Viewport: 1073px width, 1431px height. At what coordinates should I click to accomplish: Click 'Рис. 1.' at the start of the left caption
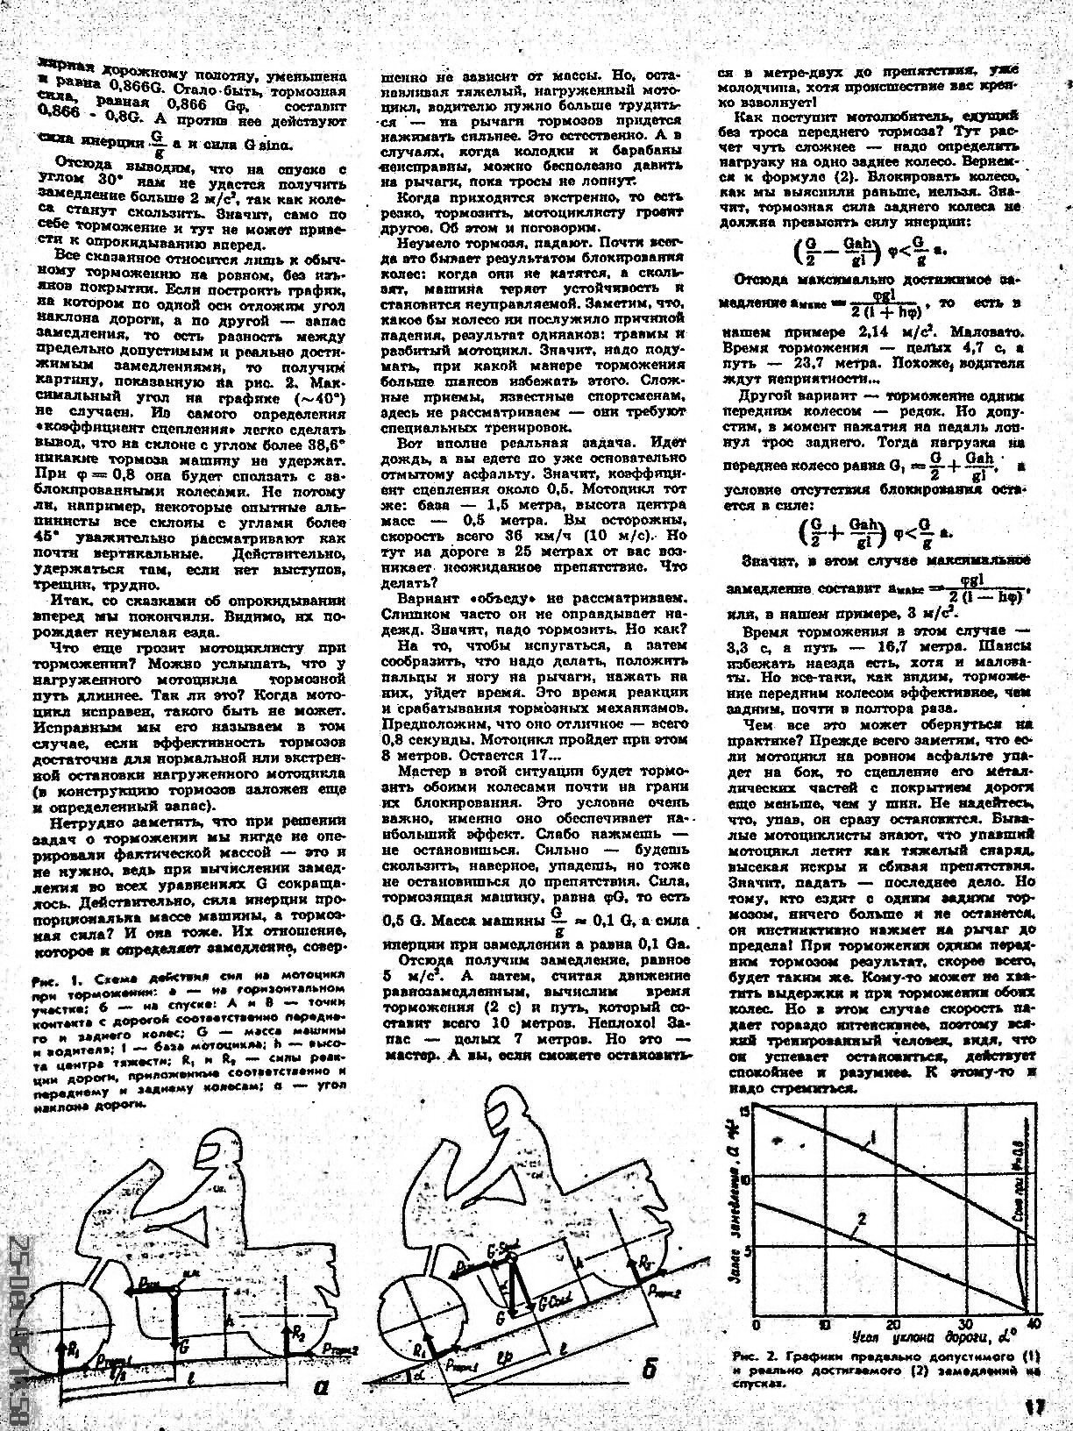click(x=46, y=978)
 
